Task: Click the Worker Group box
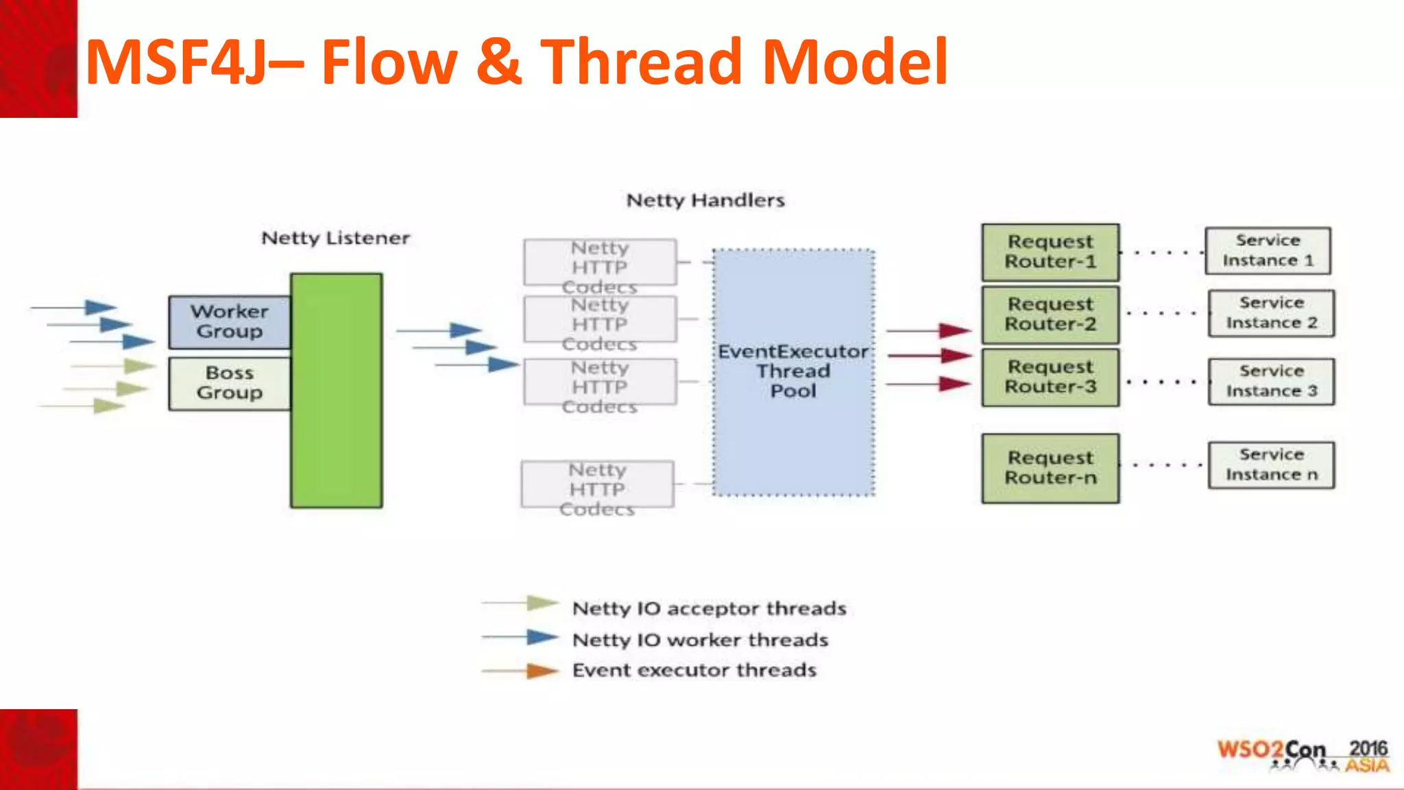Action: (x=230, y=322)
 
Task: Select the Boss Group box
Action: (x=230, y=383)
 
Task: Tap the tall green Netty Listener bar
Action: (x=336, y=391)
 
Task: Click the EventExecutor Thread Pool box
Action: (x=793, y=372)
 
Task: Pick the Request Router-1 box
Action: (x=1050, y=252)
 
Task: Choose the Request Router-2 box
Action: (x=1050, y=314)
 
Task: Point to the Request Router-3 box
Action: (x=1050, y=377)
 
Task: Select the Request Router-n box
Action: (x=1050, y=468)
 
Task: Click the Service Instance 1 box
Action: (x=1268, y=251)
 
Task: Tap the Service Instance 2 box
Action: (x=1271, y=313)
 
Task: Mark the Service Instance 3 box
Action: (x=1271, y=381)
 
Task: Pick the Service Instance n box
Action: (x=1271, y=465)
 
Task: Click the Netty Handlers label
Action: (x=705, y=200)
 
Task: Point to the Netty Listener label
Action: (x=335, y=238)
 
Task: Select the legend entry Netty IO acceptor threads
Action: (x=709, y=608)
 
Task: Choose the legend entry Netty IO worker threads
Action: (x=700, y=640)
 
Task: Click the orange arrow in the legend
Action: (x=542, y=671)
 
